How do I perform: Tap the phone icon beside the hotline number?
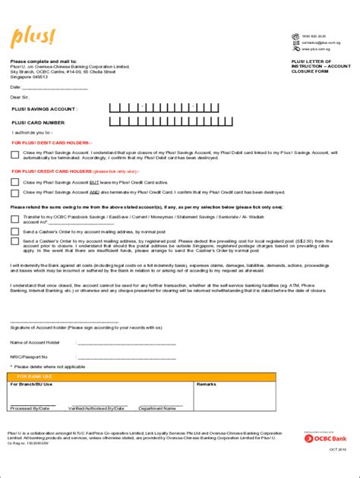pyautogui.click(x=285, y=36)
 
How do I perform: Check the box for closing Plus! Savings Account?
pyautogui.click(x=16, y=156)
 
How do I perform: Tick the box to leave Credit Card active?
pyautogui.click(x=16, y=183)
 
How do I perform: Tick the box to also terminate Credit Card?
pyautogui.click(x=16, y=193)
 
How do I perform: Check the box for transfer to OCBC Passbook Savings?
pyautogui.click(x=16, y=219)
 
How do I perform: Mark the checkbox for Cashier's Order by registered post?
pyautogui.click(x=16, y=241)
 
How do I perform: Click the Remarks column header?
pyautogui.click(x=207, y=385)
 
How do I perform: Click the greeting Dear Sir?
pyautogui.click(x=20, y=97)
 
